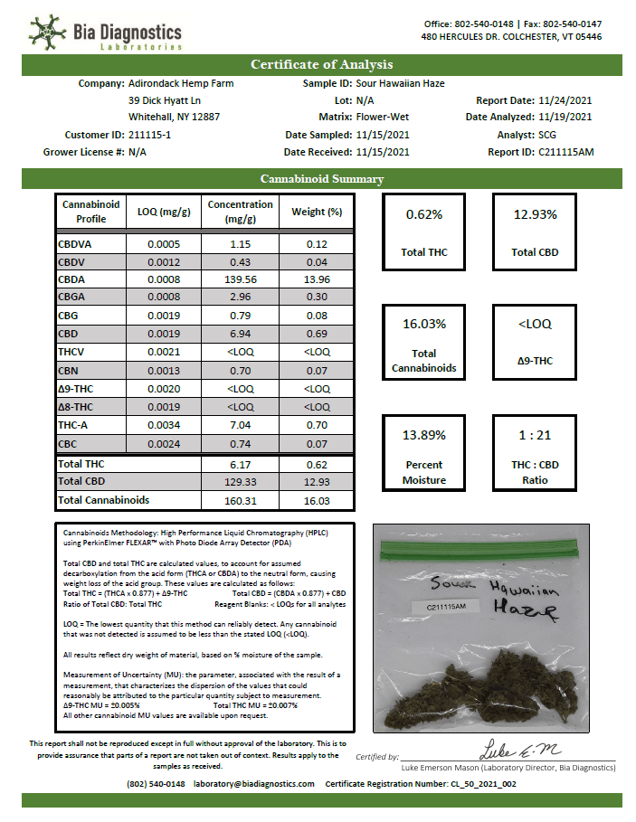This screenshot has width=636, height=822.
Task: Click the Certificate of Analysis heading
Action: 321,64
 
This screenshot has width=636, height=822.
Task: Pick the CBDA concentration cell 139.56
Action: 240,279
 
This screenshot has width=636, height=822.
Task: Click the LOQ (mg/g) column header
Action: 164,212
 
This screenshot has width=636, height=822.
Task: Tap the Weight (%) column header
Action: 316,212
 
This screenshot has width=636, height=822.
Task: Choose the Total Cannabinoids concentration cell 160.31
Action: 240,499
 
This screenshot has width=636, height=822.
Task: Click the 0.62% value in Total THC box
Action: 424,214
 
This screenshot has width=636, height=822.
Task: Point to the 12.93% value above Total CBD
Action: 534,214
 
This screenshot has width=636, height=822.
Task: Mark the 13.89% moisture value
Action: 424,435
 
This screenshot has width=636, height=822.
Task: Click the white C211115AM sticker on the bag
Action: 452,609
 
